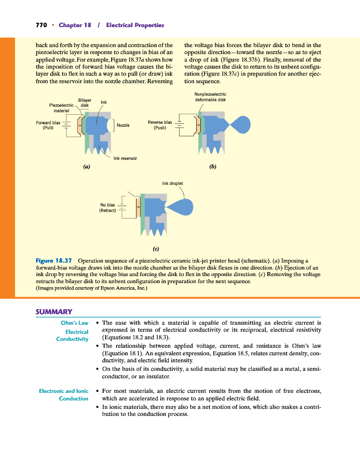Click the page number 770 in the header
[x=41, y=25]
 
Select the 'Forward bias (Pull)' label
[x=48, y=125]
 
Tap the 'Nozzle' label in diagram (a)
[x=123, y=125]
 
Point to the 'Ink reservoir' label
[x=125, y=158]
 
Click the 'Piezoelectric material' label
[x=61, y=108]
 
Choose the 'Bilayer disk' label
[x=85, y=103]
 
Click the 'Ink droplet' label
[x=173, y=183]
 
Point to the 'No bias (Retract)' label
[x=108, y=207]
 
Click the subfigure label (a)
[x=87, y=166]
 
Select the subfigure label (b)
[x=213, y=166]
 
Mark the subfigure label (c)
[x=156, y=249]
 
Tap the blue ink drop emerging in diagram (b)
[x=241, y=124]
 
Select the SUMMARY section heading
[x=54, y=312]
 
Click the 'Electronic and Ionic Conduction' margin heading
[x=64, y=395]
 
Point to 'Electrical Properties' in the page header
[x=135, y=25]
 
